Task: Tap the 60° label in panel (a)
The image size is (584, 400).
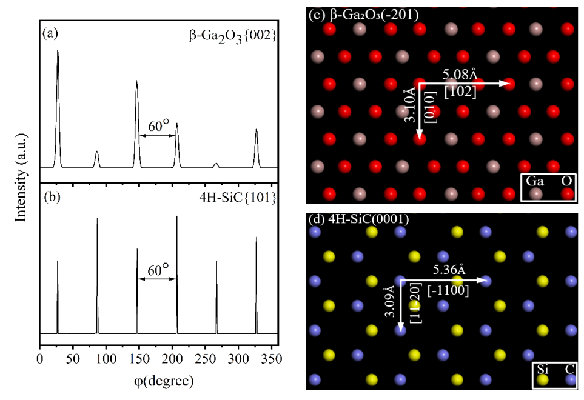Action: tap(158, 126)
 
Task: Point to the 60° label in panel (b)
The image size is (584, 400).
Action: tap(158, 270)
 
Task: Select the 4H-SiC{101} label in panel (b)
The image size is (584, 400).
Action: tap(238, 197)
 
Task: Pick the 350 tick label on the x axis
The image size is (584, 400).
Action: tap(272, 359)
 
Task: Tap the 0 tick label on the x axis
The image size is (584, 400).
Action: tap(40, 359)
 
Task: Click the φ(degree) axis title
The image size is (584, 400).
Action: tap(164, 381)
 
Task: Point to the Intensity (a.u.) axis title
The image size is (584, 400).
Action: tap(21, 177)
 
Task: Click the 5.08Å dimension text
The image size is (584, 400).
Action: tap(460, 75)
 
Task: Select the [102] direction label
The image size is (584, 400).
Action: tap(460, 92)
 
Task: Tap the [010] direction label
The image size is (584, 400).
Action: tap(431, 107)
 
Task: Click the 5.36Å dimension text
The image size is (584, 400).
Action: tap(449, 270)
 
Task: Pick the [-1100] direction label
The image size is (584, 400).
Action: tap(448, 290)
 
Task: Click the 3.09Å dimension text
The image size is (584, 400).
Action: tap(389, 301)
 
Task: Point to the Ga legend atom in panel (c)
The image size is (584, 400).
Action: tap(535, 194)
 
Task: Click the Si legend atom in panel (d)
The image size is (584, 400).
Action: tap(543, 380)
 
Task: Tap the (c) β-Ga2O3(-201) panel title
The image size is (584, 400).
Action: tap(364, 15)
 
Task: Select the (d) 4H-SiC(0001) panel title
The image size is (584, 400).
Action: tap(359, 219)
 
